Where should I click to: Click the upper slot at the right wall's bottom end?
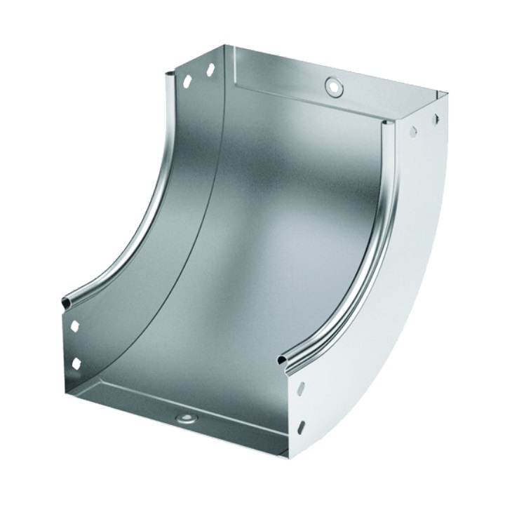click(x=301, y=388)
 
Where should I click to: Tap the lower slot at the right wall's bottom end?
click(x=301, y=426)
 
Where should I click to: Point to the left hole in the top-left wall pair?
click(x=187, y=81)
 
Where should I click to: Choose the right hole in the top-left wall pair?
click(x=210, y=70)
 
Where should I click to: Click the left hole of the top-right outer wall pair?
click(x=413, y=131)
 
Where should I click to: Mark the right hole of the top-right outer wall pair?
click(x=436, y=119)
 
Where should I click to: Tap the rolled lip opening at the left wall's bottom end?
click(x=67, y=302)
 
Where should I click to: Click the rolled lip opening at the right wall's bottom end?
click(x=283, y=360)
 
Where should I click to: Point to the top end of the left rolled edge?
click(x=167, y=73)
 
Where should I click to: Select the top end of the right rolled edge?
click(x=385, y=124)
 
